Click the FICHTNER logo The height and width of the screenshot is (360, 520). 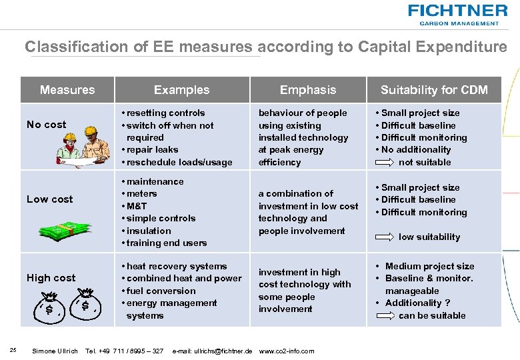457,14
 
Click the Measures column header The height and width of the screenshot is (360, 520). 67,90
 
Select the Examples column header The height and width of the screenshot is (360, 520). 181,90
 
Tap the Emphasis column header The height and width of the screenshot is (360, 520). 308,90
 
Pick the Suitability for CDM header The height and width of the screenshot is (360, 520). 434,90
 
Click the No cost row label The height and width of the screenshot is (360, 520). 46,124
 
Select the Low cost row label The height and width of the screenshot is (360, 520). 50,199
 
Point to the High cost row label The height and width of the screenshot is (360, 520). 51,277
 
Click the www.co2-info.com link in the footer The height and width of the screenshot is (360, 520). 286,351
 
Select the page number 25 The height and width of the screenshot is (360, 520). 13,351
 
